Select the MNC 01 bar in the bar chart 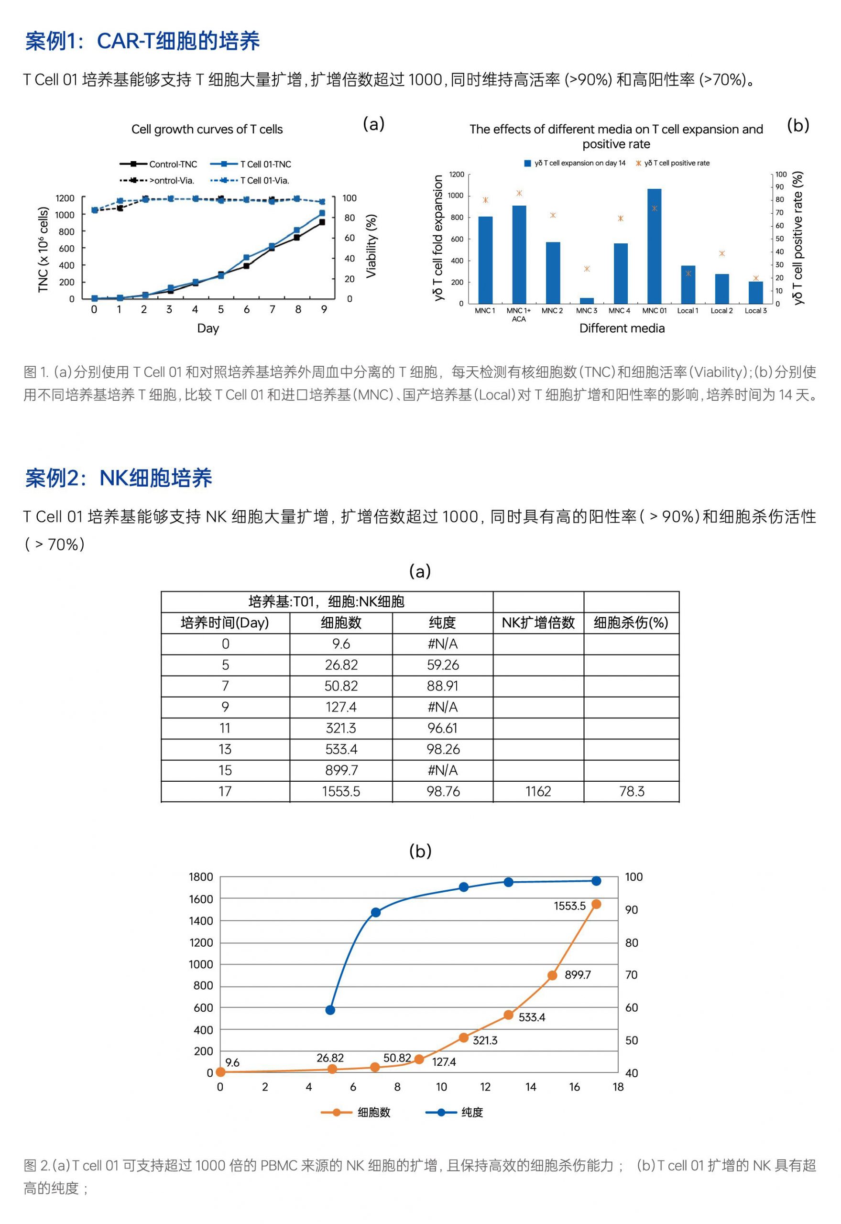pos(654,246)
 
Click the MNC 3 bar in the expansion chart pos(587,300)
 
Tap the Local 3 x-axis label pos(755,311)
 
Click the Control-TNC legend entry pos(159,164)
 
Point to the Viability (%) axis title pos(371,246)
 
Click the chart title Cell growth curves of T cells pos(207,130)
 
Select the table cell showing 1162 pos(538,791)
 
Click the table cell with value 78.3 pos(631,791)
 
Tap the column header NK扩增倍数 pos(538,623)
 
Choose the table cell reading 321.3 pos(341,728)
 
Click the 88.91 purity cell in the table pos(443,686)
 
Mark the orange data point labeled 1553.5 pos(597,905)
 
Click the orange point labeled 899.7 pos(552,976)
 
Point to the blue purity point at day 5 pos(330,1010)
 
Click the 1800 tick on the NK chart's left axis pos(201,877)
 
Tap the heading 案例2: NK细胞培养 pos(119,479)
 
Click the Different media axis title pos(622,329)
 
